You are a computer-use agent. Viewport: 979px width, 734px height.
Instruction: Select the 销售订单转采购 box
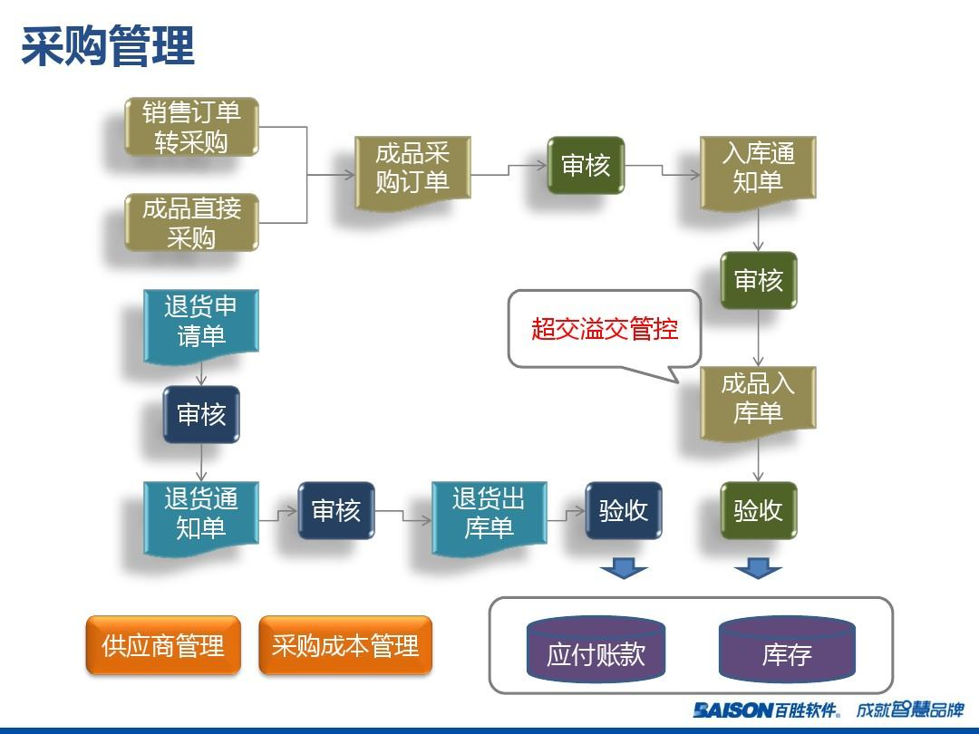(191, 127)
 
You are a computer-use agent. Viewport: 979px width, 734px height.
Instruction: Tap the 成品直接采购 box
(191, 222)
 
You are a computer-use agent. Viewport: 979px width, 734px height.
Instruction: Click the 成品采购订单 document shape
(412, 169)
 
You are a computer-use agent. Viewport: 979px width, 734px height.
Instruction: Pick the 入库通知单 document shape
(758, 169)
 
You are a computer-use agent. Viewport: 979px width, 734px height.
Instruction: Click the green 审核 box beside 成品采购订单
(586, 166)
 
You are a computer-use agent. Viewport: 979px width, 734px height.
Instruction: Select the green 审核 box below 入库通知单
(758, 281)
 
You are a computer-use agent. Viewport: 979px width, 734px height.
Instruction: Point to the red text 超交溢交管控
(605, 328)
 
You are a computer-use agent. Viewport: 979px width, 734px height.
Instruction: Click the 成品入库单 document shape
(758, 400)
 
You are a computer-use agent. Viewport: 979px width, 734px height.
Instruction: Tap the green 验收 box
(758, 510)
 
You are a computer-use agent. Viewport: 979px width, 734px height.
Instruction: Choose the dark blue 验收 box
(623, 510)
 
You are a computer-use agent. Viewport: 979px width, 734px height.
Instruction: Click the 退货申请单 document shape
(201, 323)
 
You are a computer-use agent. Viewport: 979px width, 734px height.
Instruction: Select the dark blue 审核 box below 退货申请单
(201, 415)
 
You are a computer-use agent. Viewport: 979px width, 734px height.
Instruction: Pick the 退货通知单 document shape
(201, 514)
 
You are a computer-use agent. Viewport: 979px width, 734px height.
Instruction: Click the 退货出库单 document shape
(489, 514)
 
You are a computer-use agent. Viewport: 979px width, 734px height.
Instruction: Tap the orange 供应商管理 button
(163, 645)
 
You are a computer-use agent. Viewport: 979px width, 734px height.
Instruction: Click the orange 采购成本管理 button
(345, 645)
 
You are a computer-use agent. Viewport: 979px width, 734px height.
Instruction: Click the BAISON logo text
(732, 710)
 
